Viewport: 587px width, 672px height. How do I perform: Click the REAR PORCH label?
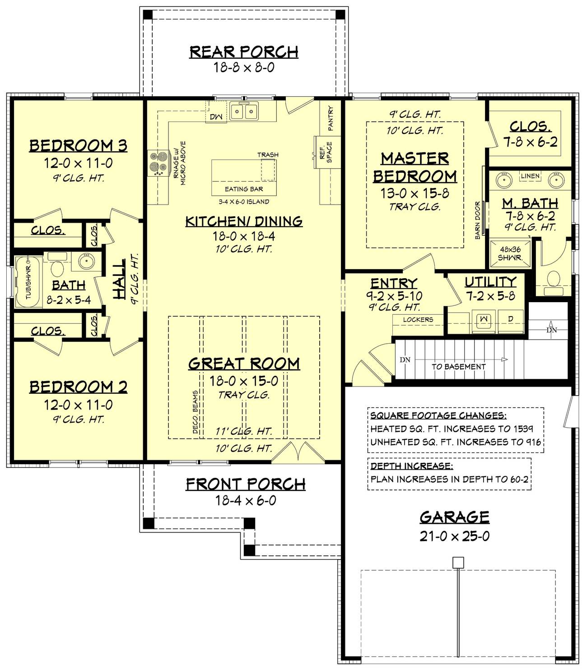point(244,52)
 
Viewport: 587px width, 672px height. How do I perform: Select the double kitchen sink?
point(244,111)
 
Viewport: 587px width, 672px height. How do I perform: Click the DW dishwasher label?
point(216,116)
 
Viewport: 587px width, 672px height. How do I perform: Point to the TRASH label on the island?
point(268,155)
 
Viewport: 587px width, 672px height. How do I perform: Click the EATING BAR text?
point(244,189)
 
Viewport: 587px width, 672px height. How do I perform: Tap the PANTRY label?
point(331,118)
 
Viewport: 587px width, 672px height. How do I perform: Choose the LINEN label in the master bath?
point(530,176)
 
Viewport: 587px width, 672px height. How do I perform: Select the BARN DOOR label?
point(478,220)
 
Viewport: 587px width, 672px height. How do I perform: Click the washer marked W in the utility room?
point(483,321)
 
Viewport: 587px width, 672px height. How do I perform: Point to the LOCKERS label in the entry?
point(418,319)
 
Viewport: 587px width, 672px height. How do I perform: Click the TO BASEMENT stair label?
point(458,367)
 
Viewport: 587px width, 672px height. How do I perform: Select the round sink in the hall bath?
point(86,261)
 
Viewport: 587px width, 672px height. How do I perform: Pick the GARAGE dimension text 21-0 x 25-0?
point(454,537)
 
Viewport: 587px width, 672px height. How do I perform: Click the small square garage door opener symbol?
point(458,563)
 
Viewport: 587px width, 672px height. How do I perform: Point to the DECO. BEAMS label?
point(196,412)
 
